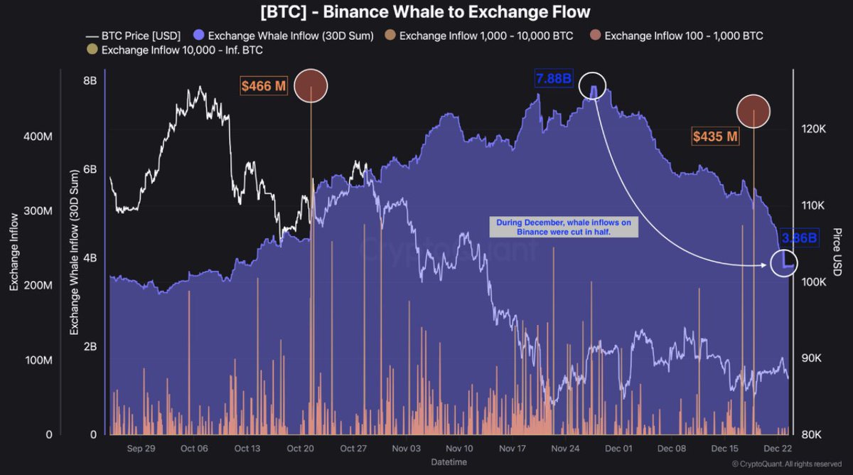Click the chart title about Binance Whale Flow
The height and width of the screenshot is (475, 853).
pos(426,12)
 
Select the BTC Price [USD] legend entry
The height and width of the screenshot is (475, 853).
pos(132,36)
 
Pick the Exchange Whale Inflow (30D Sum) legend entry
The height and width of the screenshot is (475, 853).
pos(284,36)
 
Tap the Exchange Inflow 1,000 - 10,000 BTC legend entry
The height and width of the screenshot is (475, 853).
pos(483,36)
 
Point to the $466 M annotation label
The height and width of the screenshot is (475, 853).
pos(264,87)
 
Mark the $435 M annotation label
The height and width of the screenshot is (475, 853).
pos(715,136)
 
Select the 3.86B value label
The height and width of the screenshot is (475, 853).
pos(799,238)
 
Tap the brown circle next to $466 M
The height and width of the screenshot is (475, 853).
pos(311,86)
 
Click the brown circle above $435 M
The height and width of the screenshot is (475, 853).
pos(753,111)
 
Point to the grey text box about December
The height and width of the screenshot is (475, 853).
pos(564,228)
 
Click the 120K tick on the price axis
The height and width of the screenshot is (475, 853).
pos(812,129)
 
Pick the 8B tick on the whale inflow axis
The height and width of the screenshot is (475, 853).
pos(90,80)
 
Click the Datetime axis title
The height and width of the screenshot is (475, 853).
pos(449,462)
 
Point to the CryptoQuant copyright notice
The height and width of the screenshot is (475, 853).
pos(785,464)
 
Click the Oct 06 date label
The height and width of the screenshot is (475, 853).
pos(194,449)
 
